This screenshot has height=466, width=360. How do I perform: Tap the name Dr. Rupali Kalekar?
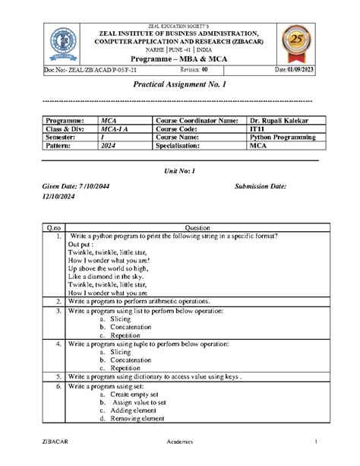[279, 121]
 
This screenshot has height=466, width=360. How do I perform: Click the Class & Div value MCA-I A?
[116, 129]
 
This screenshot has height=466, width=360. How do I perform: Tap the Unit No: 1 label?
[180, 172]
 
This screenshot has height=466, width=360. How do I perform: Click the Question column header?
[196, 227]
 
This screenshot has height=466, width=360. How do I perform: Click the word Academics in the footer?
[180, 442]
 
